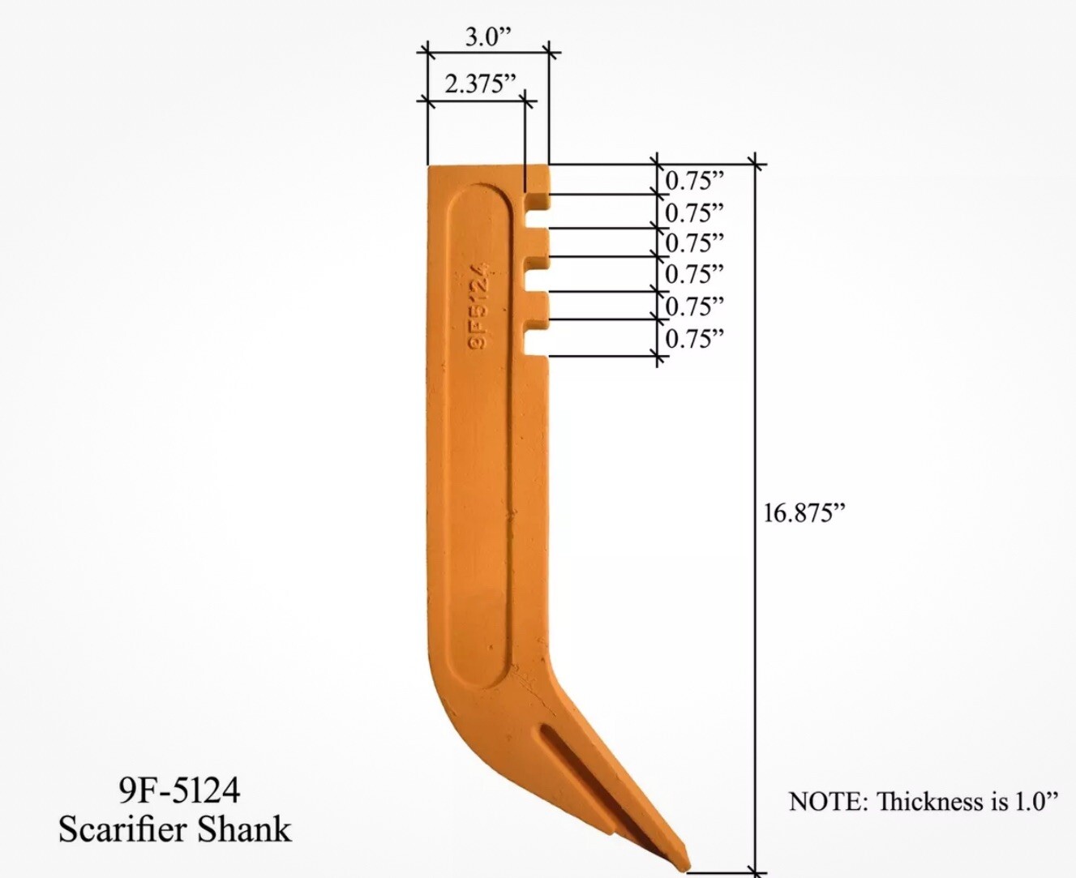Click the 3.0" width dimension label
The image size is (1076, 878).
[x=488, y=37]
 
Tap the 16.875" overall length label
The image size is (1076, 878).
[x=804, y=512]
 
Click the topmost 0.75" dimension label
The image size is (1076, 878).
[x=695, y=181]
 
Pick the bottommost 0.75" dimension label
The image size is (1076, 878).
[x=695, y=338]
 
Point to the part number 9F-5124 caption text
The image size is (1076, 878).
[x=179, y=790]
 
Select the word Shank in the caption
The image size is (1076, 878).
[x=244, y=829]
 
